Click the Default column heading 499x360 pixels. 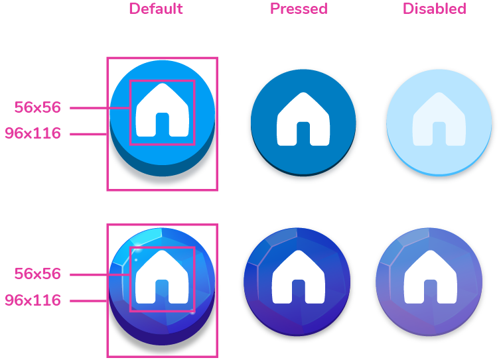156,9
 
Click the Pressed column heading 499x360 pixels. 299,9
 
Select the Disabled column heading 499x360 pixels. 435,9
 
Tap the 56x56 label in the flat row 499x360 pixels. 38,107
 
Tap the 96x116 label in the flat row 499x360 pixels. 33,133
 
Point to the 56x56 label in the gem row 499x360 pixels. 38,274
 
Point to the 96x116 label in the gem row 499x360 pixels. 33,300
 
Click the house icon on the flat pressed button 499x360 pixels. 303,119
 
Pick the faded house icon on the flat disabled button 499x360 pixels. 439,119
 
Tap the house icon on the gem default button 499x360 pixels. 163,277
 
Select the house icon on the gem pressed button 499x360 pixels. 299,277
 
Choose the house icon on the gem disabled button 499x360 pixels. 431,277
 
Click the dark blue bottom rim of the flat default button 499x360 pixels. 163,170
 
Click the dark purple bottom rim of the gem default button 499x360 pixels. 163,339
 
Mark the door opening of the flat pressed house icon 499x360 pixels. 303,133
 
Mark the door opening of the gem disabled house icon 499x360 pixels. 431,291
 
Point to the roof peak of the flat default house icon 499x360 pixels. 163,84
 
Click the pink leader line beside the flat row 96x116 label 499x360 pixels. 88,134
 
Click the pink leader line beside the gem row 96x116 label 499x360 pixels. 88,301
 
